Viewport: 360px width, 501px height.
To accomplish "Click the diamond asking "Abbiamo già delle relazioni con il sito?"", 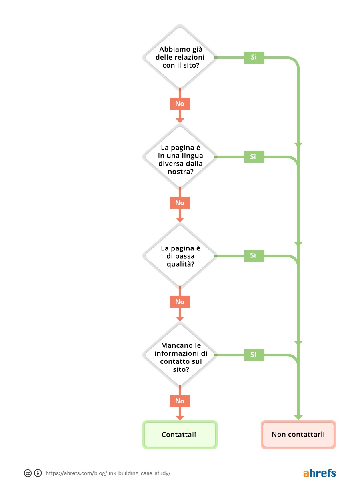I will pyautogui.click(x=180, y=57).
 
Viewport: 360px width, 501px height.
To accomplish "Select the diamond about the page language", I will pyautogui.click(x=180, y=156).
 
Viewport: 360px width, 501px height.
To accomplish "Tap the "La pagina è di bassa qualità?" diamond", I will pyautogui.click(x=180, y=255).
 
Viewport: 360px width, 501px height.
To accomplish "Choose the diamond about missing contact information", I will pyautogui.click(x=180, y=355).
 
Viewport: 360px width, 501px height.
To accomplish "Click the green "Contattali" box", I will pyautogui.click(x=180, y=435).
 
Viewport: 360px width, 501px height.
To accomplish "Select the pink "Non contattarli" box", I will pyautogui.click(x=298, y=435).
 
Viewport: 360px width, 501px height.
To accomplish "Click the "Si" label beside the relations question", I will pyautogui.click(x=254, y=57).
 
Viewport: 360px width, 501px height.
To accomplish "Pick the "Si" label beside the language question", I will pyautogui.click(x=254, y=156).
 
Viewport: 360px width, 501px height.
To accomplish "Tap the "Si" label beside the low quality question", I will pyautogui.click(x=254, y=255).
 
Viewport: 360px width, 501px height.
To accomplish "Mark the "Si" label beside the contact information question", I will pyautogui.click(x=254, y=355).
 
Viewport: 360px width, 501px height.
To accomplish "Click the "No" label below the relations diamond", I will pyautogui.click(x=180, y=104).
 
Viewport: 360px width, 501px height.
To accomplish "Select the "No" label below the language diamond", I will pyautogui.click(x=180, y=203).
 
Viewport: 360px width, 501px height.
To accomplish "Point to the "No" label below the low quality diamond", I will pyautogui.click(x=180, y=302).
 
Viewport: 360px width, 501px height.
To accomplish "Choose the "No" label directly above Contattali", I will pyautogui.click(x=180, y=401).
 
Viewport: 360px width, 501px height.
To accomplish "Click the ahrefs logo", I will pyautogui.click(x=319, y=473).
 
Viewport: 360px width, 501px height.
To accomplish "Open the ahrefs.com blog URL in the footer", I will pyautogui.click(x=108, y=473).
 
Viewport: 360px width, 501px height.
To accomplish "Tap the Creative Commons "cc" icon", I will pyautogui.click(x=28, y=473).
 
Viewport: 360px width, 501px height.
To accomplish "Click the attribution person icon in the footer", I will pyautogui.click(x=38, y=473).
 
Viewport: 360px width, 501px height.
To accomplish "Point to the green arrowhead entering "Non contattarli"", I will pyautogui.click(x=298, y=417).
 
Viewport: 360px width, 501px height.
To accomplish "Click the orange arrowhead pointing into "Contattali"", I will pyautogui.click(x=180, y=417).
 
